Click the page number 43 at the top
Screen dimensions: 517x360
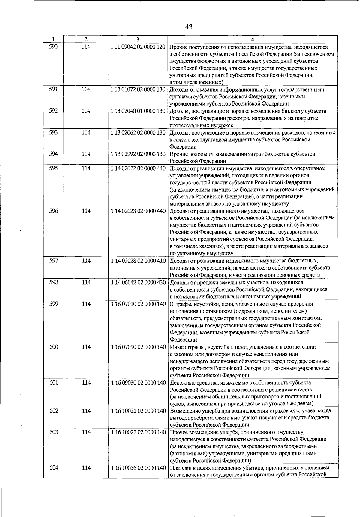pos(189,27)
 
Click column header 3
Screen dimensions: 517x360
pos(138,39)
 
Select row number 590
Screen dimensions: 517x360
pos(53,47)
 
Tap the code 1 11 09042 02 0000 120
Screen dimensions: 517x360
pos(138,47)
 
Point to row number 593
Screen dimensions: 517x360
pos(53,132)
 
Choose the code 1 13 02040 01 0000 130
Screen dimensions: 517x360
pos(138,111)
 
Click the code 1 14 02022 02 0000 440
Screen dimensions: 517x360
pos(138,168)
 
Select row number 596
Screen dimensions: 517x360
pos(54,211)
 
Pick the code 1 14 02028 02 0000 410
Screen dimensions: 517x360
pos(138,261)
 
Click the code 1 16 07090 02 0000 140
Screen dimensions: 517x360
pos(138,347)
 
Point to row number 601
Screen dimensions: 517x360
pos(54,382)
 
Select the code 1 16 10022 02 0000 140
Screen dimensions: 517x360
pos(138,432)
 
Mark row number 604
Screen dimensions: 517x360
pos(54,467)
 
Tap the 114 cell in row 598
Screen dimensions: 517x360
pos(86,282)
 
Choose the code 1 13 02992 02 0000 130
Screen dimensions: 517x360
pos(138,154)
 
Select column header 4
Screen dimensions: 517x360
pos(253,39)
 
